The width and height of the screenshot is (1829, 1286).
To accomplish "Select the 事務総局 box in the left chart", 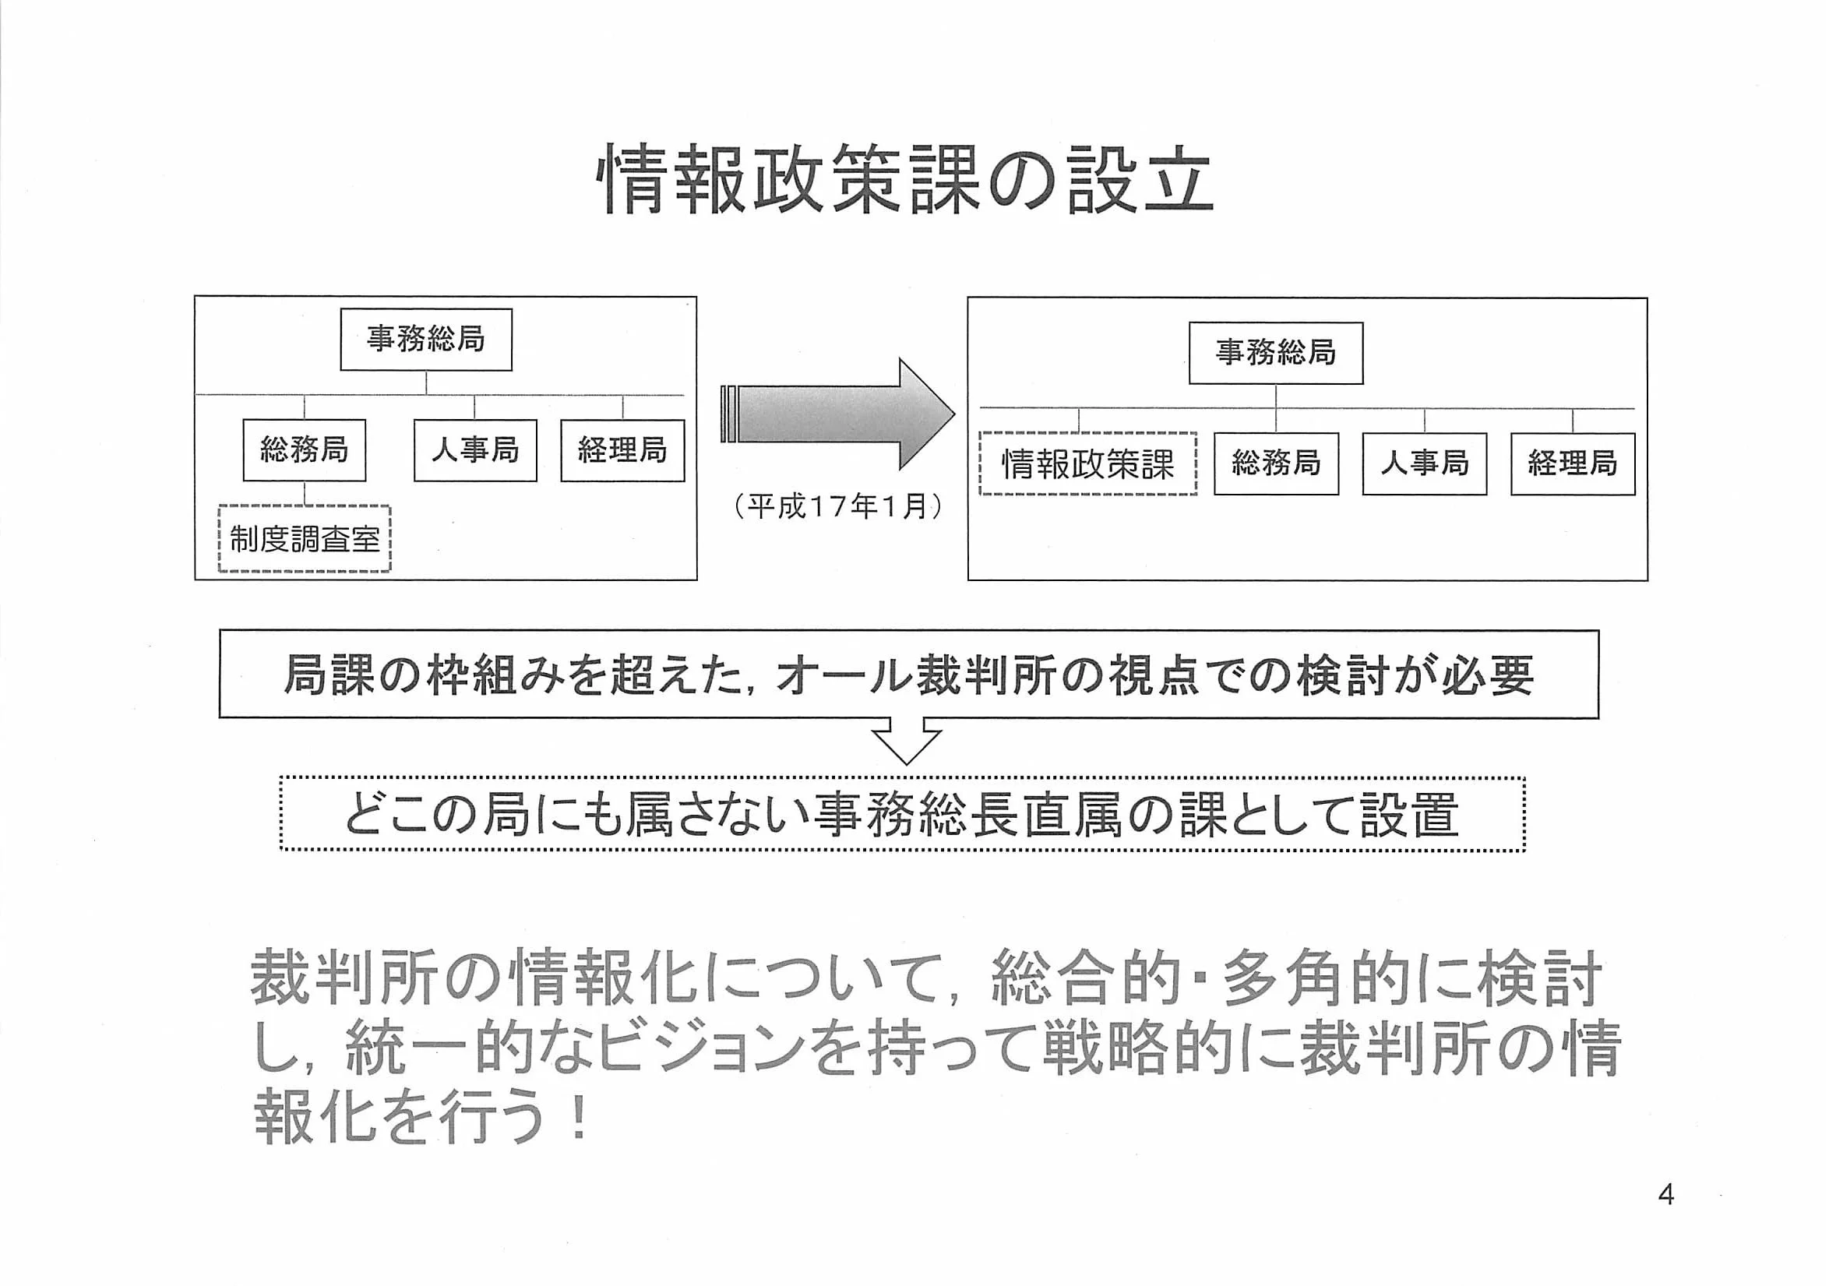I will tap(425, 340).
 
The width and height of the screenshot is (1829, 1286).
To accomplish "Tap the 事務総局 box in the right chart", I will tap(1275, 353).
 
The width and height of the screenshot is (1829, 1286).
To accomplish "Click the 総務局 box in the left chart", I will tap(305, 450).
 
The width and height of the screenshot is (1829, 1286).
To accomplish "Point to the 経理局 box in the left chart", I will tap(622, 450).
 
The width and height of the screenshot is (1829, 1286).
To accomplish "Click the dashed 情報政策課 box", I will tap(1087, 463).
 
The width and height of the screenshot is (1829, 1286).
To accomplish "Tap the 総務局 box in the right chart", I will tap(1275, 463).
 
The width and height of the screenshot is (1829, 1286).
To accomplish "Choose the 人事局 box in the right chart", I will tap(1424, 463).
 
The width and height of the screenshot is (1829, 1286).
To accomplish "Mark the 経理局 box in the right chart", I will tap(1573, 463).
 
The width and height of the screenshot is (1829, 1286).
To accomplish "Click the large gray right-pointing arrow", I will tap(837, 414).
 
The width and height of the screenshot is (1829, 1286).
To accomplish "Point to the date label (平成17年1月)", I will tap(838, 507).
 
